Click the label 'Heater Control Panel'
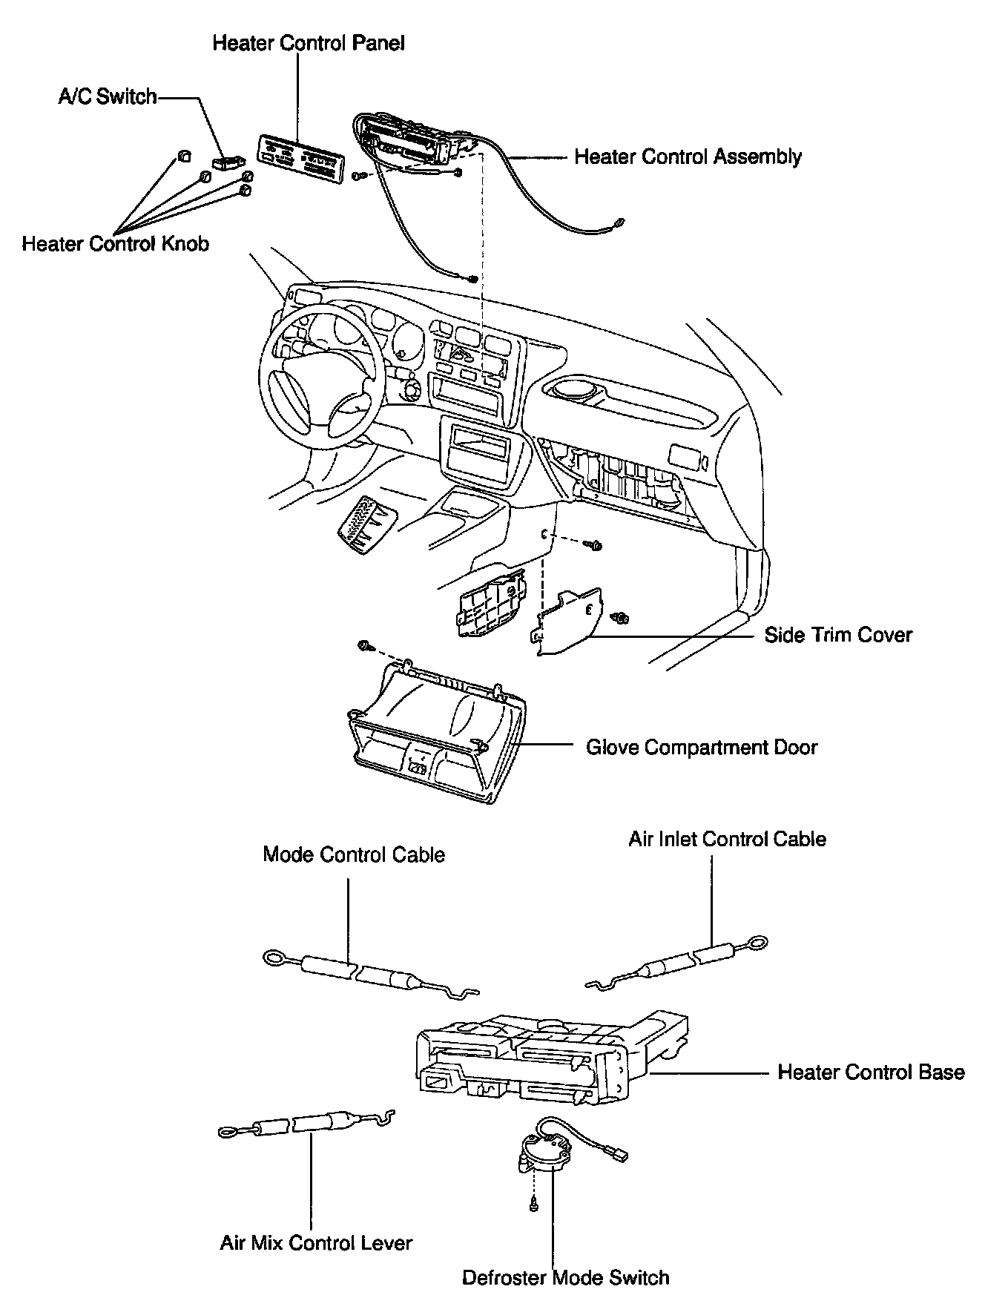click(x=309, y=43)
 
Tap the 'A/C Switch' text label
click(x=108, y=96)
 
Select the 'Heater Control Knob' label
click(x=115, y=243)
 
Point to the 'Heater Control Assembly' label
click(x=688, y=156)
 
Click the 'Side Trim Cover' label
click(x=838, y=635)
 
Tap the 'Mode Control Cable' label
click(x=354, y=854)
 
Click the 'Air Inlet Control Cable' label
click(x=727, y=839)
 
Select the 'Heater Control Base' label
click(x=871, y=1072)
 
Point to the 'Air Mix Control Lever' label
click(x=316, y=1242)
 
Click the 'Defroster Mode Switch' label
click(x=565, y=1277)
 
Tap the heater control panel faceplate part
click(x=300, y=157)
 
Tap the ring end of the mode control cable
click(x=276, y=960)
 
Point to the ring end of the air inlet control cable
click(x=757, y=944)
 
